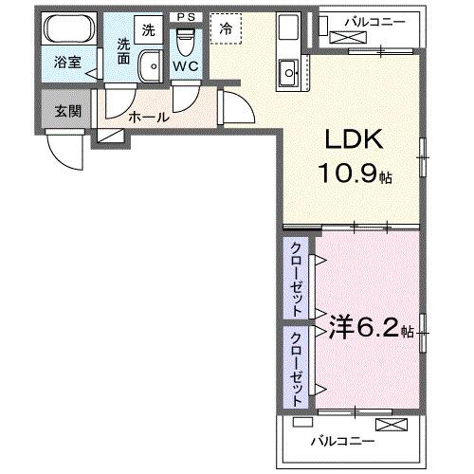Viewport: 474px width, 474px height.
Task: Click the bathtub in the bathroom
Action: click(69, 28)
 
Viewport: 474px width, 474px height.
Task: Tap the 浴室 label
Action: click(67, 63)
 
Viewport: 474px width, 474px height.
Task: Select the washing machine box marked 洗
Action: click(149, 29)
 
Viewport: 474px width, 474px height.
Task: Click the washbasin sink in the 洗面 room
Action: click(151, 66)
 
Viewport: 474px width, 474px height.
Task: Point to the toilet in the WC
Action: click(186, 43)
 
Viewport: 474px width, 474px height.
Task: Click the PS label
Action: click(186, 17)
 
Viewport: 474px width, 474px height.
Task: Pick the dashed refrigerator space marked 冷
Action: click(226, 28)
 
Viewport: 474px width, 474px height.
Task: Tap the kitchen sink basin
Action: click(288, 73)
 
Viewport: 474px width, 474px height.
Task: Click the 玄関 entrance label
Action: click(67, 111)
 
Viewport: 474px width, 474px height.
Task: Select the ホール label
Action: click(149, 118)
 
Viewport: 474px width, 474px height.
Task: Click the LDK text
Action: click(354, 139)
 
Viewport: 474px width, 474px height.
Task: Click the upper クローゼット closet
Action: click(296, 279)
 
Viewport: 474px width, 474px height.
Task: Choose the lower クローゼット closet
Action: click(296, 368)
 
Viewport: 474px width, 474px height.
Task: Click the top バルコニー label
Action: click(374, 22)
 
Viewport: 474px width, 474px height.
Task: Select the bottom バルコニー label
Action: click(342, 441)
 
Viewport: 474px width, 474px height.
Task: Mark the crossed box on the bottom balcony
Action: click(392, 425)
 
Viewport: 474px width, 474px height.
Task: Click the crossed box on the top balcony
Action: click(349, 38)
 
